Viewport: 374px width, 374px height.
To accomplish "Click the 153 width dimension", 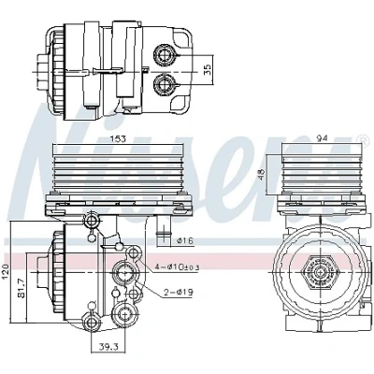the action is pyautogui.click(x=119, y=138).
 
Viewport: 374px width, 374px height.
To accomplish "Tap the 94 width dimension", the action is pyautogui.click(x=323, y=138).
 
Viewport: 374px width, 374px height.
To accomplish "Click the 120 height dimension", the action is pyautogui.click(x=6, y=271).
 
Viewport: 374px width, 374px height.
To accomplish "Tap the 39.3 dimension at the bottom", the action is pyautogui.click(x=108, y=346).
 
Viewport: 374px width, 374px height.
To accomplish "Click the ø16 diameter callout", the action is pyautogui.click(x=185, y=240).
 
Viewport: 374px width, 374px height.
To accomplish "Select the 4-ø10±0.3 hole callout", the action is pyautogui.click(x=178, y=267).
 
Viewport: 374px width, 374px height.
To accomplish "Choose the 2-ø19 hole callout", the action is pyautogui.click(x=179, y=292).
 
